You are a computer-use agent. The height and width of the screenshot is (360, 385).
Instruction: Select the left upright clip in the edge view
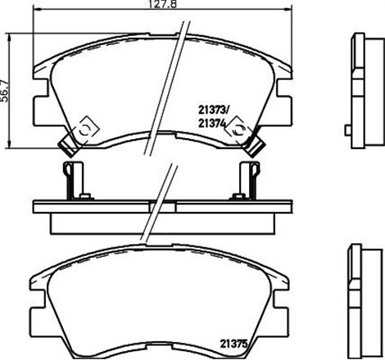[73, 179]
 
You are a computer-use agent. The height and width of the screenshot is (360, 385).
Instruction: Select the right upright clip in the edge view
[246, 179]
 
